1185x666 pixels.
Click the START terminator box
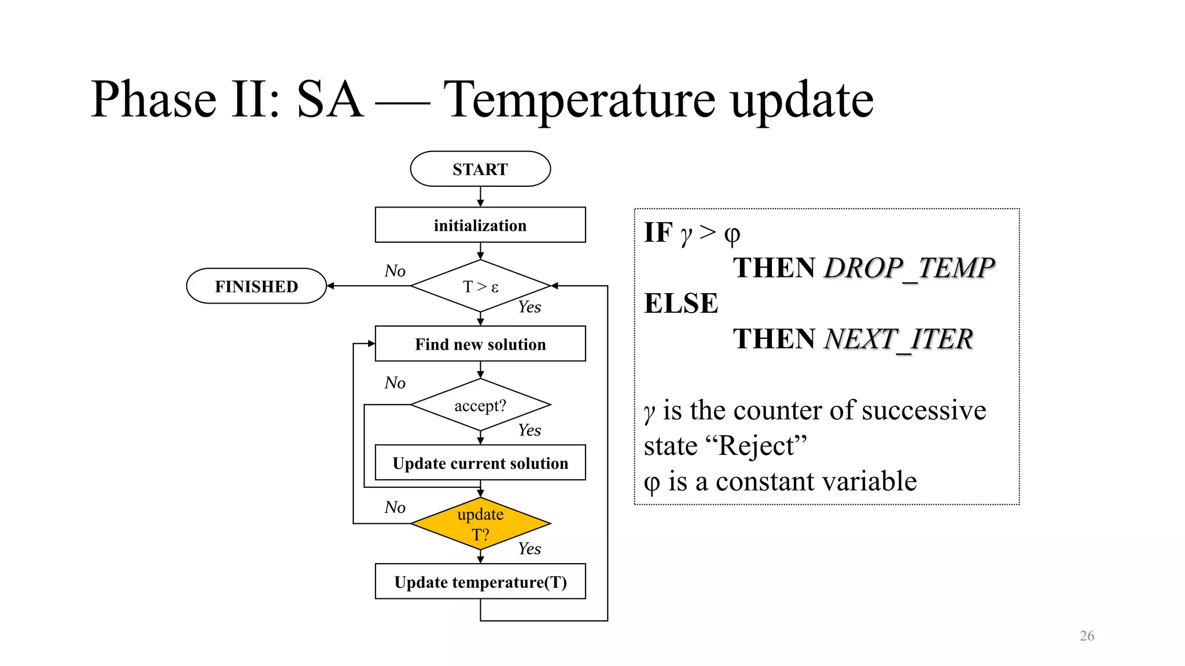click(480, 169)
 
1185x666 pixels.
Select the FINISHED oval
click(256, 286)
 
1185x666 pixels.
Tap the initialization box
click(480, 225)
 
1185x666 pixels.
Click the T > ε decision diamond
click(480, 286)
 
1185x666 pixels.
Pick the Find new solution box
click(480, 344)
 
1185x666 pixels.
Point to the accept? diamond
click(480, 405)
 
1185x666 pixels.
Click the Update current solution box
click(480, 462)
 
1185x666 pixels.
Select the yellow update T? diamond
click(480, 524)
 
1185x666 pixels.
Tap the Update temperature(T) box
click(480, 582)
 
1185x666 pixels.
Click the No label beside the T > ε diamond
click(395, 271)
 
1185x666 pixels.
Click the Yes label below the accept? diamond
click(529, 430)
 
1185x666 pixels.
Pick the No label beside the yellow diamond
click(395, 507)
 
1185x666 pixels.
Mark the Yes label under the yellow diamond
click(529, 549)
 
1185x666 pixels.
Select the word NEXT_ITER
click(898, 339)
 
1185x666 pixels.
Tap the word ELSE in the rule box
click(681, 304)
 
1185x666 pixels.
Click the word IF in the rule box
click(658, 233)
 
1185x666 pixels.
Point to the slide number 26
click(1087, 636)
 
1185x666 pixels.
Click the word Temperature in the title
click(582, 99)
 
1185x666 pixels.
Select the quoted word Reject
click(755, 446)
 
